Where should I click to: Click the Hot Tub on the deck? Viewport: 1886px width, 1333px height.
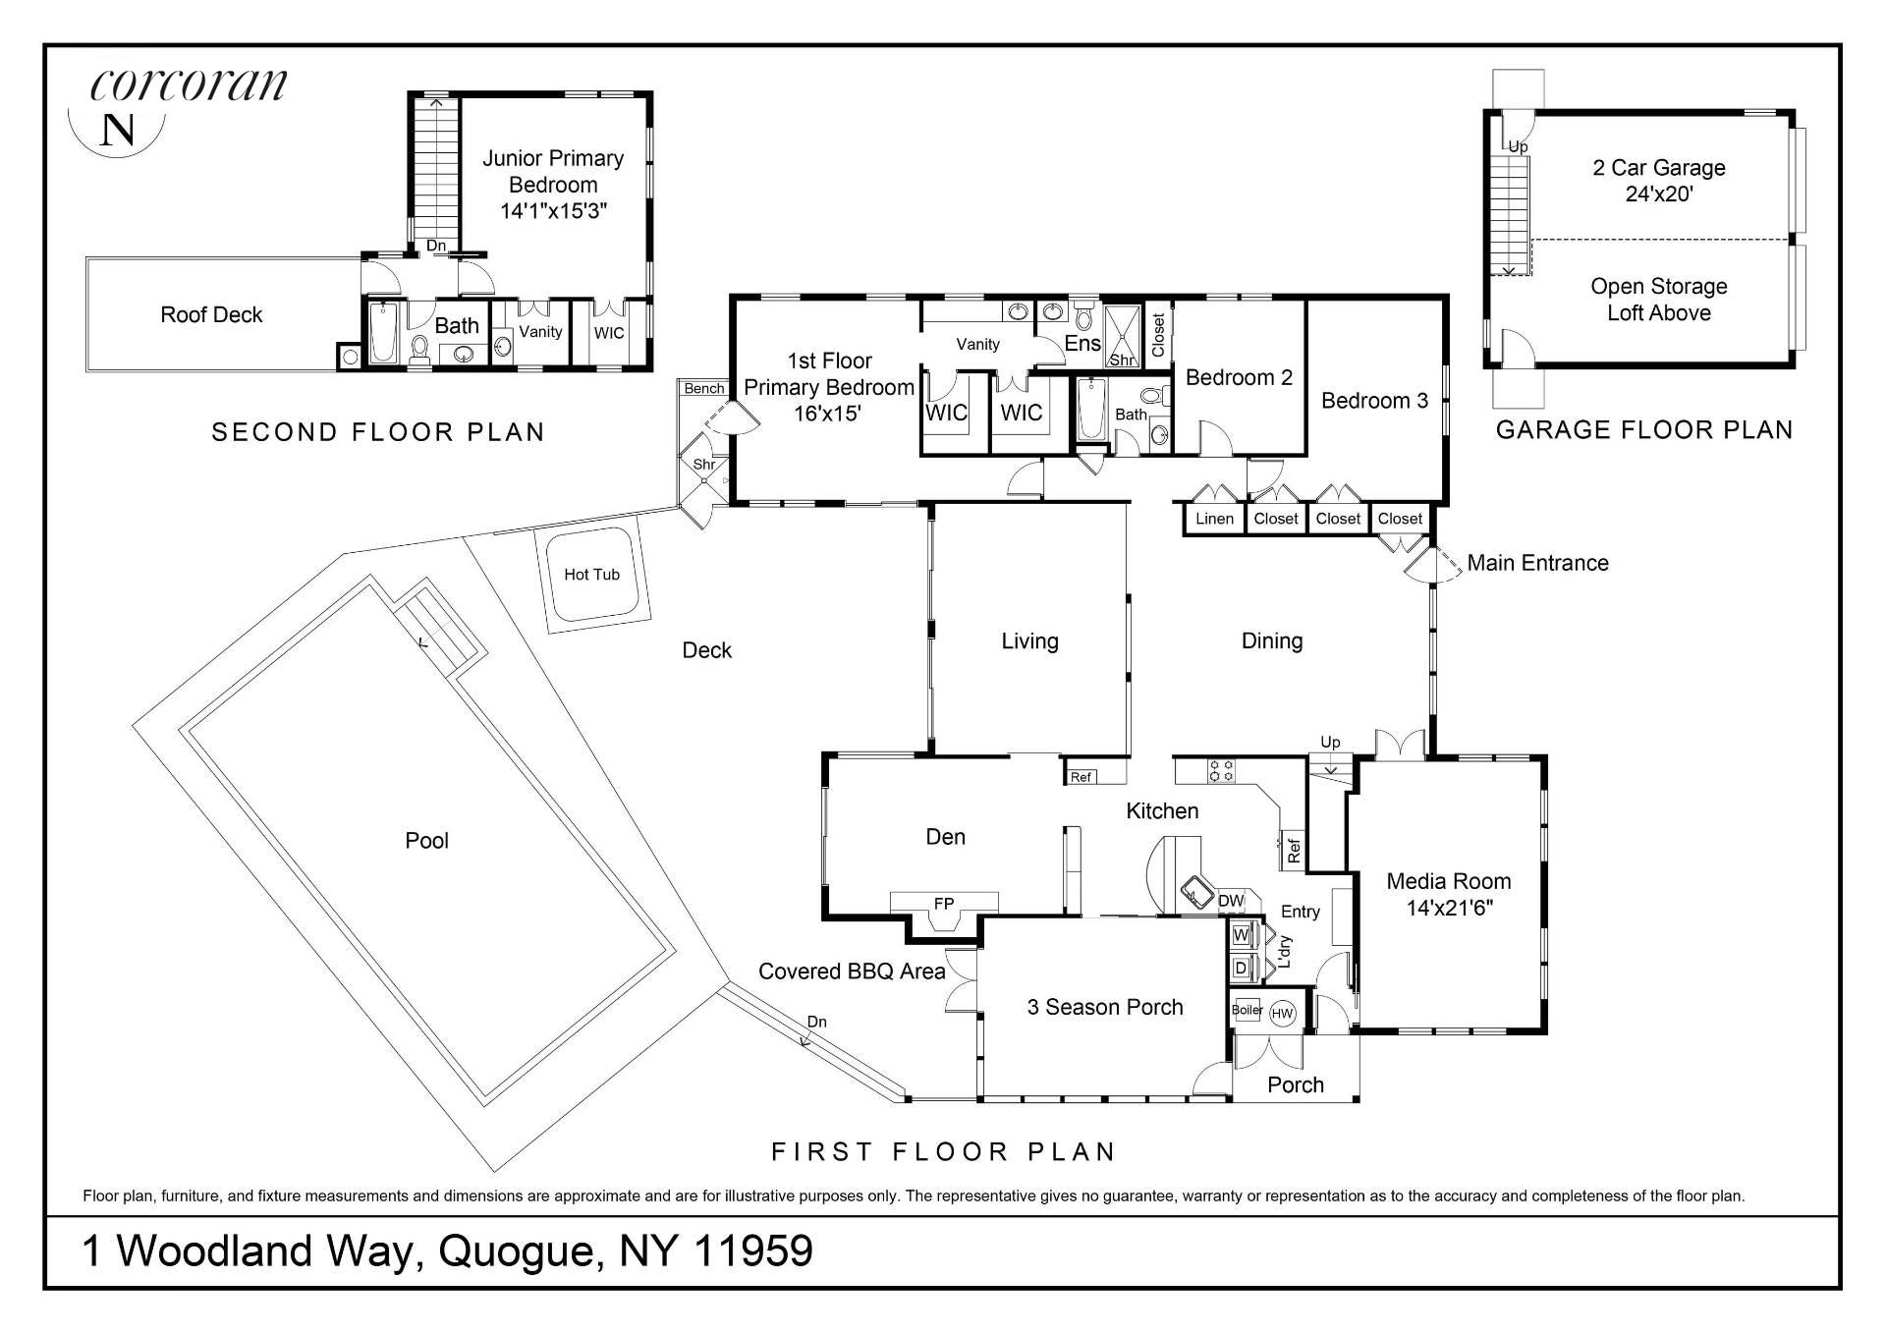[x=591, y=575]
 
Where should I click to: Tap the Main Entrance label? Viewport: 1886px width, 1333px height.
[x=1537, y=563]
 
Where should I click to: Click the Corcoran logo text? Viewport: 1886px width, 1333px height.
[x=189, y=85]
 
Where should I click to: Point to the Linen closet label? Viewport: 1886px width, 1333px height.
[x=1214, y=519]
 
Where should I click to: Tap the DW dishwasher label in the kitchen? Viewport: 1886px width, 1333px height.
[x=1230, y=901]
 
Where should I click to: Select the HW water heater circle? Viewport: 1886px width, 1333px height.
[x=1282, y=1014]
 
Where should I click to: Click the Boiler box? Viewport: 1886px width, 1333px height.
[x=1247, y=1010]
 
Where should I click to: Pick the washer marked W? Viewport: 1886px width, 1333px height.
[x=1241, y=934]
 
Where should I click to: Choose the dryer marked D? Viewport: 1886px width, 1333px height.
[x=1241, y=968]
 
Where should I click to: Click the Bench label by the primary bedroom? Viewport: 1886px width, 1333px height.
[x=703, y=389]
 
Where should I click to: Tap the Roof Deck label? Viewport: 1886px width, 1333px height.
[x=211, y=314]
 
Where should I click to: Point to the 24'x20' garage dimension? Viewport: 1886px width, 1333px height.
[x=1659, y=194]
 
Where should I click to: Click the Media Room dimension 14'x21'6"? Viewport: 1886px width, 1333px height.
[x=1449, y=908]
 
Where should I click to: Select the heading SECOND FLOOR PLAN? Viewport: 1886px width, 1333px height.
[x=378, y=432]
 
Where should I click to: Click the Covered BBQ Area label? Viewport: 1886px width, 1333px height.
[x=852, y=972]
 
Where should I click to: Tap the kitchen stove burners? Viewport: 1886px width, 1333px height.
[x=1221, y=770]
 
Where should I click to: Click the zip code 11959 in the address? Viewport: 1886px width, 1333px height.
[x=753, y=1250]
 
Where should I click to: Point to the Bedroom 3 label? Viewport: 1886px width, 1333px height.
[x=1374, y=401]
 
